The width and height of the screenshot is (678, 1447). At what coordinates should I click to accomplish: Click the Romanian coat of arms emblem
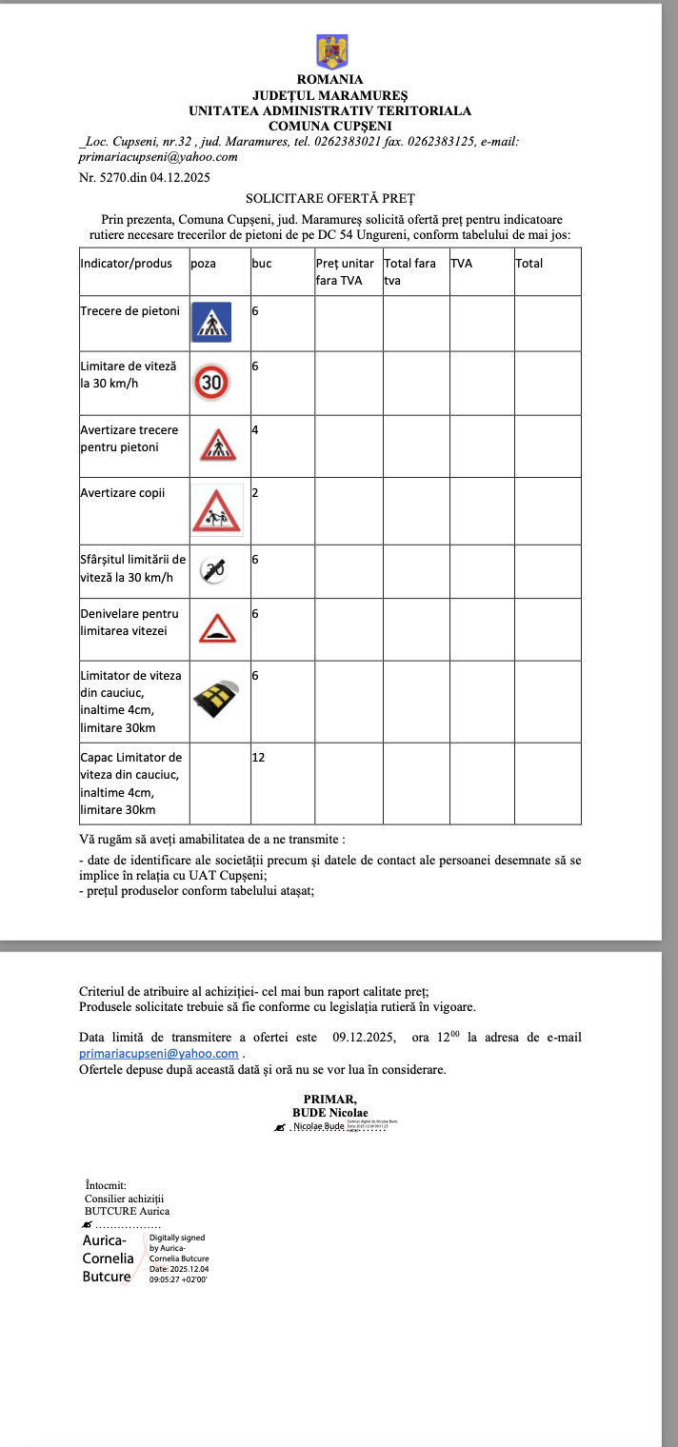(331, 51)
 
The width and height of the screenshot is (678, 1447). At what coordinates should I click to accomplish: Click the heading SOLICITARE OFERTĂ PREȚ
(330, 199)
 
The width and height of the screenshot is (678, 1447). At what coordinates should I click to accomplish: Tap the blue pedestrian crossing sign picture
(211, 322)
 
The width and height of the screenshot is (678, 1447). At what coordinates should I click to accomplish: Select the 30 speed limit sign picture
(211, 383)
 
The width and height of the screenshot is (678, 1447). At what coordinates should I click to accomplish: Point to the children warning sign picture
(218, 510)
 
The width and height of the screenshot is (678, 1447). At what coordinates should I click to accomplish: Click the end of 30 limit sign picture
(211, 569)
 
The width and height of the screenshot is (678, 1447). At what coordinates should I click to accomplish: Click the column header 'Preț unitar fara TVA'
(345, 271)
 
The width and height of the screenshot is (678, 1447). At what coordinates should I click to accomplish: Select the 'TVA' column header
(461, 264)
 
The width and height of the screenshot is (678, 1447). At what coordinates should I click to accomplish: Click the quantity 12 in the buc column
(258, 758)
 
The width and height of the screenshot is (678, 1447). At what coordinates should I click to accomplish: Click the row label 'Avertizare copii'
(123, 493)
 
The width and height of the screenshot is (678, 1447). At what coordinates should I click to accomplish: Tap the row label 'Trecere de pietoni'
(130, 311)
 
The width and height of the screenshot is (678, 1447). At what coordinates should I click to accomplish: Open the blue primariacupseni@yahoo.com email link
(158, 1054)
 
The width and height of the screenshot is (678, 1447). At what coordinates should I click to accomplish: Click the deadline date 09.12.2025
(364, 1038)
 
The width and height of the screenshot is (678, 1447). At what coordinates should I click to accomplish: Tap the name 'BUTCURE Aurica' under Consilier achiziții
(128, 1211)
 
